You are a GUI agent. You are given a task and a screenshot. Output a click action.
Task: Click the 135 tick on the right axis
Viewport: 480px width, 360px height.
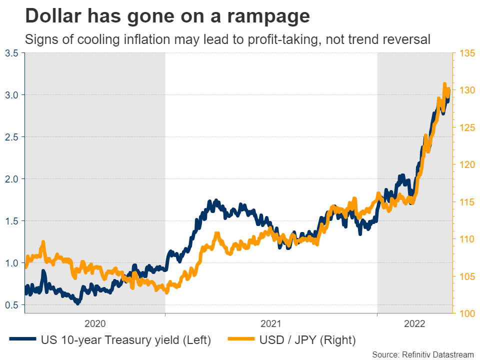pyautogui.click(x=465, y=53)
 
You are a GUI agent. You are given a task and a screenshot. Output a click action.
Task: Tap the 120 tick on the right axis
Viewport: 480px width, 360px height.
pyautogui.click(x=465, y=164)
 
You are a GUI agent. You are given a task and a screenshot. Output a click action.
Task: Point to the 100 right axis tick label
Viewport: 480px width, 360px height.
pyautogui.click(x=465, y=313)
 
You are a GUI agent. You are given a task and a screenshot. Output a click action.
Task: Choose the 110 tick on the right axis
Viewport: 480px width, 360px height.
pyautogui.click(x=465, y=239)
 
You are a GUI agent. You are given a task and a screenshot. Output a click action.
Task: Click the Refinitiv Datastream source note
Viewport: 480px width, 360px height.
pyautogui.click(x=423, y=354)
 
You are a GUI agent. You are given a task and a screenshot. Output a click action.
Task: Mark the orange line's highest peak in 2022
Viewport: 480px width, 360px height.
pyautogui.click(x=444, y=84)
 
